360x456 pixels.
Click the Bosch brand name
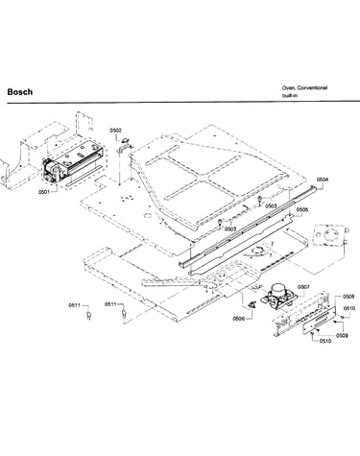tap(20, 92)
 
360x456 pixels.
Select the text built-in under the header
tap(290, 95)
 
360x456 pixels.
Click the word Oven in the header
tap(288, 87)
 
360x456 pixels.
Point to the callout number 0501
tap(44, 192)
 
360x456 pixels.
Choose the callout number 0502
tap(115, 131)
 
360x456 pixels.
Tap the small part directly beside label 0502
tap(125, 139)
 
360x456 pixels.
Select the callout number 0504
tap(323, 180)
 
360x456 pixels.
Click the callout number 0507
tap(303, 287)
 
